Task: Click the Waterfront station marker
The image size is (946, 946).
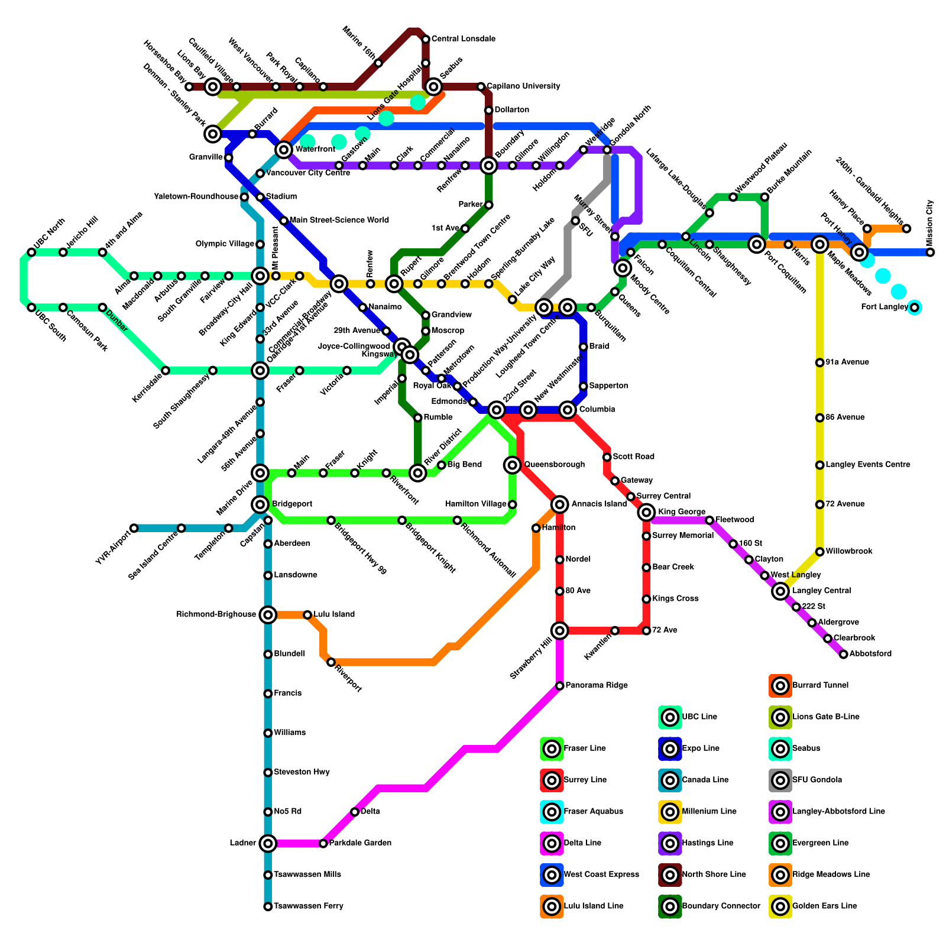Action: click(284, 149)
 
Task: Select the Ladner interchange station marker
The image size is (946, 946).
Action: click(268, 843)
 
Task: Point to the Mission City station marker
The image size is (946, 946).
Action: click(930, 252)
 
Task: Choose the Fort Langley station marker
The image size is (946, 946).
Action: click(914, 307)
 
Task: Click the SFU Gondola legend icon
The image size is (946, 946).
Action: click(780, 780)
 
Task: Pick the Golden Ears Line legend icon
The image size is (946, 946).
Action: click(780, 906)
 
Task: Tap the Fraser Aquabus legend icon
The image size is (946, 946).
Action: click(552, 811)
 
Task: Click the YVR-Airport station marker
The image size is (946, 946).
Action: click(134, 528)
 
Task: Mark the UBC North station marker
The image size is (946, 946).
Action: click(31, 252)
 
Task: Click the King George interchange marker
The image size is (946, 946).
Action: click(646, 512)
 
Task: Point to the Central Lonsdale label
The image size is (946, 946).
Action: click(463, 39)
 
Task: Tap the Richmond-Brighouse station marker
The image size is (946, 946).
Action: click(268, 615)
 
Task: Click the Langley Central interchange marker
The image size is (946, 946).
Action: click(780, 591)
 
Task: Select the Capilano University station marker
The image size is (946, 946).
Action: click(481, 87)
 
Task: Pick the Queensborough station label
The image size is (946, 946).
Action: click(554, 465)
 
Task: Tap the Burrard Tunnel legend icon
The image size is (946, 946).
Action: click(780, 685)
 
